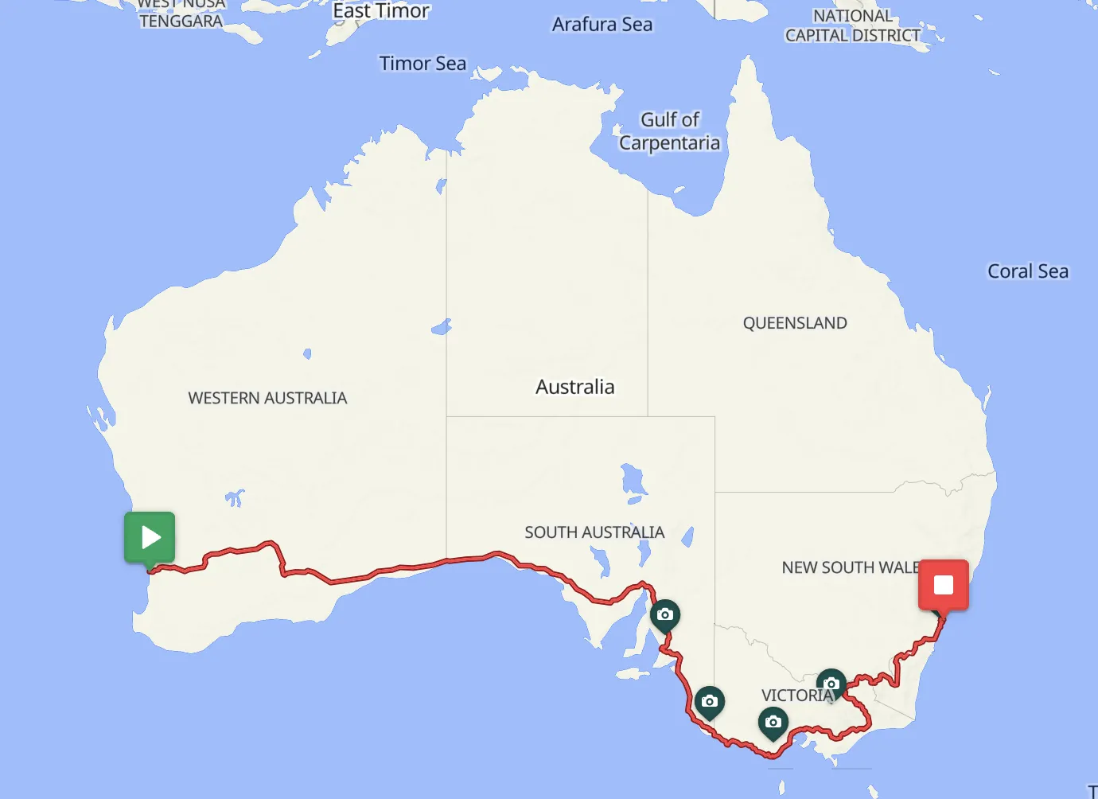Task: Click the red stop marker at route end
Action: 944,586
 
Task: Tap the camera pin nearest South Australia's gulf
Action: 665,615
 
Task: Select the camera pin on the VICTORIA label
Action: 831,684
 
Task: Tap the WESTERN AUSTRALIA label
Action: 267,398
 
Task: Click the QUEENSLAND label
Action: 795,323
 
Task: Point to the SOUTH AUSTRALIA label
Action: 594,532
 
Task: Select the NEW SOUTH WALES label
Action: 850,567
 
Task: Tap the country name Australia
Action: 574,388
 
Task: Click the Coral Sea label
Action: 1028,271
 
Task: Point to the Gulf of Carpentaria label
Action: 670,131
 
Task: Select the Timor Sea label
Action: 422,64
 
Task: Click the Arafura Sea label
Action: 602,25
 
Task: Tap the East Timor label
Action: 381,11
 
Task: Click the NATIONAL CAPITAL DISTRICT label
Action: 853,26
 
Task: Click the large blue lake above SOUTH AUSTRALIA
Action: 633,479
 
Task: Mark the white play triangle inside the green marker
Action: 150,537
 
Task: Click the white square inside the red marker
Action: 944,585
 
